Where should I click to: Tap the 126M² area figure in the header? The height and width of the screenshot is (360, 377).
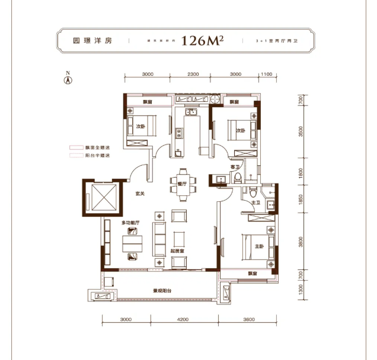click(x=203, y=41)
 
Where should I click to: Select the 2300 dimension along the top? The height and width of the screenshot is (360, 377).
click(x=189, y=74)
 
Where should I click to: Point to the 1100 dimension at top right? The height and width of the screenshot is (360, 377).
click(x=266, y=74)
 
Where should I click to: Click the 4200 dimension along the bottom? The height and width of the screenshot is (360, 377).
click(x=183, y=319)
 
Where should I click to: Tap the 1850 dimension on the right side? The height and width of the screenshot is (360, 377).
click(x=301, y=202)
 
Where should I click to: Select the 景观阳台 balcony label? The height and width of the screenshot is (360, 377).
click(x=162, y=291)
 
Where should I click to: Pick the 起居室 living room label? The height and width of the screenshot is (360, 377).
click(x=178, y=252)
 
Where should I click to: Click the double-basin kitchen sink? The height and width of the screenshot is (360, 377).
click(x=191, y=111)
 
